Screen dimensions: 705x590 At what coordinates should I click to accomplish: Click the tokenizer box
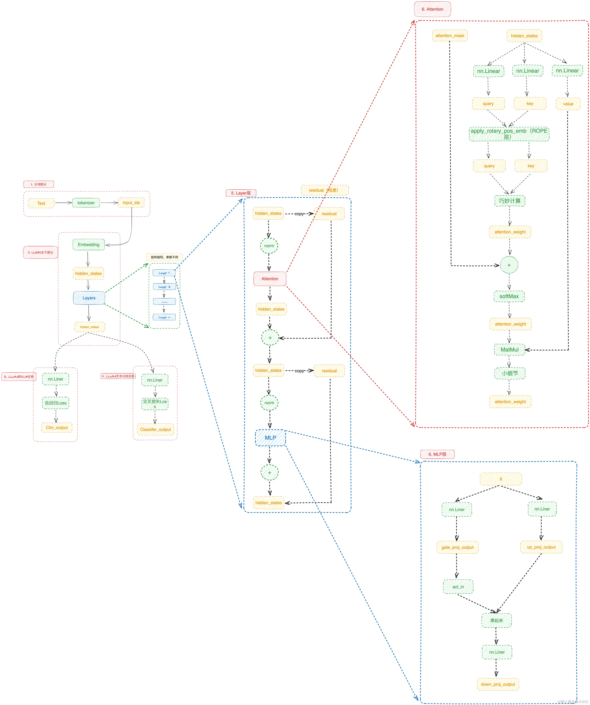pos(86,203)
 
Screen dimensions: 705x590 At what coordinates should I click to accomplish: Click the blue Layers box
pos(89,298)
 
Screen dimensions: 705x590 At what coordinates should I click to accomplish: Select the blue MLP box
pos(270,438)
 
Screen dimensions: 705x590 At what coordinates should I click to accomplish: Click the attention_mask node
pos(450,36)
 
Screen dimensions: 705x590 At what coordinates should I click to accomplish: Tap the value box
pos(568,104)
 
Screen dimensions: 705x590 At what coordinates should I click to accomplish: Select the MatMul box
pos(509,350)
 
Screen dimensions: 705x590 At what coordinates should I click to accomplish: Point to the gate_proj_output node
pos(457,547)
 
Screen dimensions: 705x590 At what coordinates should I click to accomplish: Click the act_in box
pos(458,587)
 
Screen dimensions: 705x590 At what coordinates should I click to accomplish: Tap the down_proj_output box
pos(498,684)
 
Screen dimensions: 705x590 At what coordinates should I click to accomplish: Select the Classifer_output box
pos(155,429)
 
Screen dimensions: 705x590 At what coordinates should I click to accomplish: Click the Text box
pos(41,203)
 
